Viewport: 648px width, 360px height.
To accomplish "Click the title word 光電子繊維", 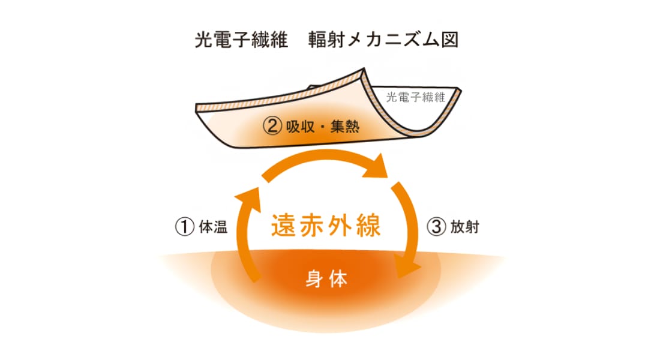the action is (241, 40).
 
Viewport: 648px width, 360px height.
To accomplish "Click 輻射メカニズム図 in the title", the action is (383, 40).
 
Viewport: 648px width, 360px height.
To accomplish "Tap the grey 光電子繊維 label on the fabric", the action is (415, 97).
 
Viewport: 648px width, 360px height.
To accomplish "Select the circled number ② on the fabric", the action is (272, 126).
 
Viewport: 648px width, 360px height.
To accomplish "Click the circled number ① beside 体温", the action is (185, 227).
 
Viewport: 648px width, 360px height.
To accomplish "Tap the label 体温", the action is (213, 227).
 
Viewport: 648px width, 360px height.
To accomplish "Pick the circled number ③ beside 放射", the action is (436, 227).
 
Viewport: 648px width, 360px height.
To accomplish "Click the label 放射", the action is (465, 227).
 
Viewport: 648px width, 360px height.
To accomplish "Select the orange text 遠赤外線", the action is (326, 226).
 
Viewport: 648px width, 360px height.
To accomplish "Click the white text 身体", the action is (326, 279).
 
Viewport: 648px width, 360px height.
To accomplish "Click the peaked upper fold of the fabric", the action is (363, 70).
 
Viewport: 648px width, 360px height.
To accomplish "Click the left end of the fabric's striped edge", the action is (197, 108).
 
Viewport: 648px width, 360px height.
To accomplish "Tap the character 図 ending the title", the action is (450, 40).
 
